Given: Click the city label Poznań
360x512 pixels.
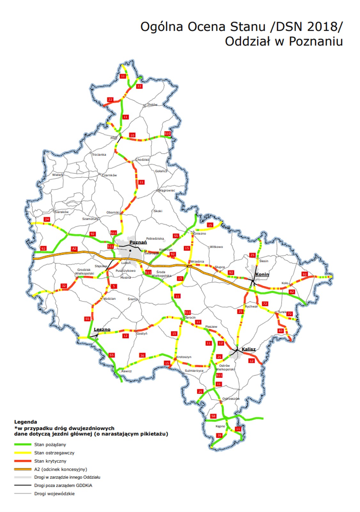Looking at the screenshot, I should [138, 242].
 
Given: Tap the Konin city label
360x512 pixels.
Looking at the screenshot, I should [262, 274].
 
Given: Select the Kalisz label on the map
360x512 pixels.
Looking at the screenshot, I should [248, 349].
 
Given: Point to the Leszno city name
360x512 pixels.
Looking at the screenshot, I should [102, 329].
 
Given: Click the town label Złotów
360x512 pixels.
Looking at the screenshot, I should [152, 105].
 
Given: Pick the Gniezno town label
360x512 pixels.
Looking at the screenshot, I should [200, 234].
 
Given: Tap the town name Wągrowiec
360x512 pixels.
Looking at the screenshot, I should [167, 190].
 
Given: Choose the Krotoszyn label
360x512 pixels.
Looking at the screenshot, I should [184, 357].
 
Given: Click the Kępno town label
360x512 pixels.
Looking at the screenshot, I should [220, 426].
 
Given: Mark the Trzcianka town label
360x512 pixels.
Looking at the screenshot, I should [99, 155].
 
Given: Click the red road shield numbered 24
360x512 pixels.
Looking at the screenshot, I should [47, 219].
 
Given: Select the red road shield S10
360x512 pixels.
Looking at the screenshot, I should [167, 133].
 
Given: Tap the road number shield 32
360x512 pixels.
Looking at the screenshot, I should [64, 286].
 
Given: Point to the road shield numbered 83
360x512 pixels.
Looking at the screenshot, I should [281, 331].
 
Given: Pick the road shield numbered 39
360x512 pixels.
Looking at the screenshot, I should [219, 435].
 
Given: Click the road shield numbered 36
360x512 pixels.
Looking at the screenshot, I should [142, 355].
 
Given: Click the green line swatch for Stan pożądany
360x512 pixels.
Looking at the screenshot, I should [23, 444].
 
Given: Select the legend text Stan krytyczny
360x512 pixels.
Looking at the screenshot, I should [50, 461].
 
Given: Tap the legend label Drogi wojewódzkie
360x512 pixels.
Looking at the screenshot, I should [54, 494].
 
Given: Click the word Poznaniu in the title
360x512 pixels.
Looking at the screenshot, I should [316, 41].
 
